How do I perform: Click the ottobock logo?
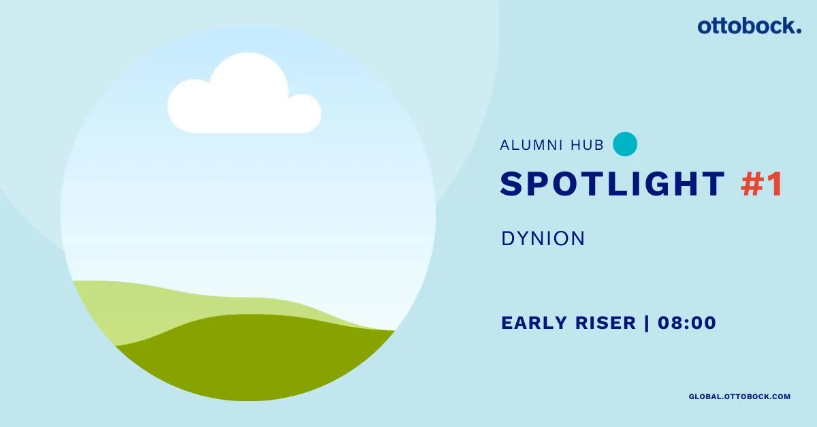tap(749, 27)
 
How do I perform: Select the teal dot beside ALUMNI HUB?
tap(625, 144)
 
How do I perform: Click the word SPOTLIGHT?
tap(612, 184)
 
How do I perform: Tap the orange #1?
tap(762, 184)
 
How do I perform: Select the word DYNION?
tap(543, 238)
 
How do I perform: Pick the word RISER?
tap(605, 323)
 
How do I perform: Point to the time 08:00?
tap(687, 323)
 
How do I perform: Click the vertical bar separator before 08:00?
tap(647, 323)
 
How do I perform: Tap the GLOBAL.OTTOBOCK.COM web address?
tap(739, 397)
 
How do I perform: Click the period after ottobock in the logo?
tap(799, 31)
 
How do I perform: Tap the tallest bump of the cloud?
tap(249, 73)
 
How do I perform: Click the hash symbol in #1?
tap(752, 184)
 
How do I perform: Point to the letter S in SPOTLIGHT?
tap(512, 184)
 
